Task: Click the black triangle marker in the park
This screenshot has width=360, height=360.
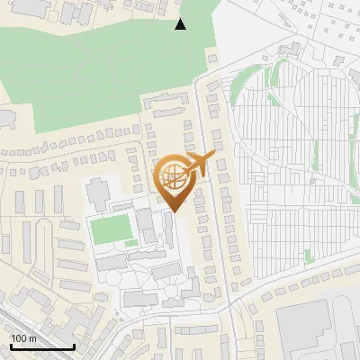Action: click(181, 24)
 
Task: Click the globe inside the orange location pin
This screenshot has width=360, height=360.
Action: click(172, 179)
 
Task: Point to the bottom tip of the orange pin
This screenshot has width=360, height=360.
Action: click(172, 212)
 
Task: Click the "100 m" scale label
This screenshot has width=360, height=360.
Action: click(22, 337)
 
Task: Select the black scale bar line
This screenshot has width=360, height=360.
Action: click(41, 346)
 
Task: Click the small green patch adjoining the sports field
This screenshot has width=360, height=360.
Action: click(131, 242)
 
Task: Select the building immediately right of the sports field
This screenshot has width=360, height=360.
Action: click(145, 224)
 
